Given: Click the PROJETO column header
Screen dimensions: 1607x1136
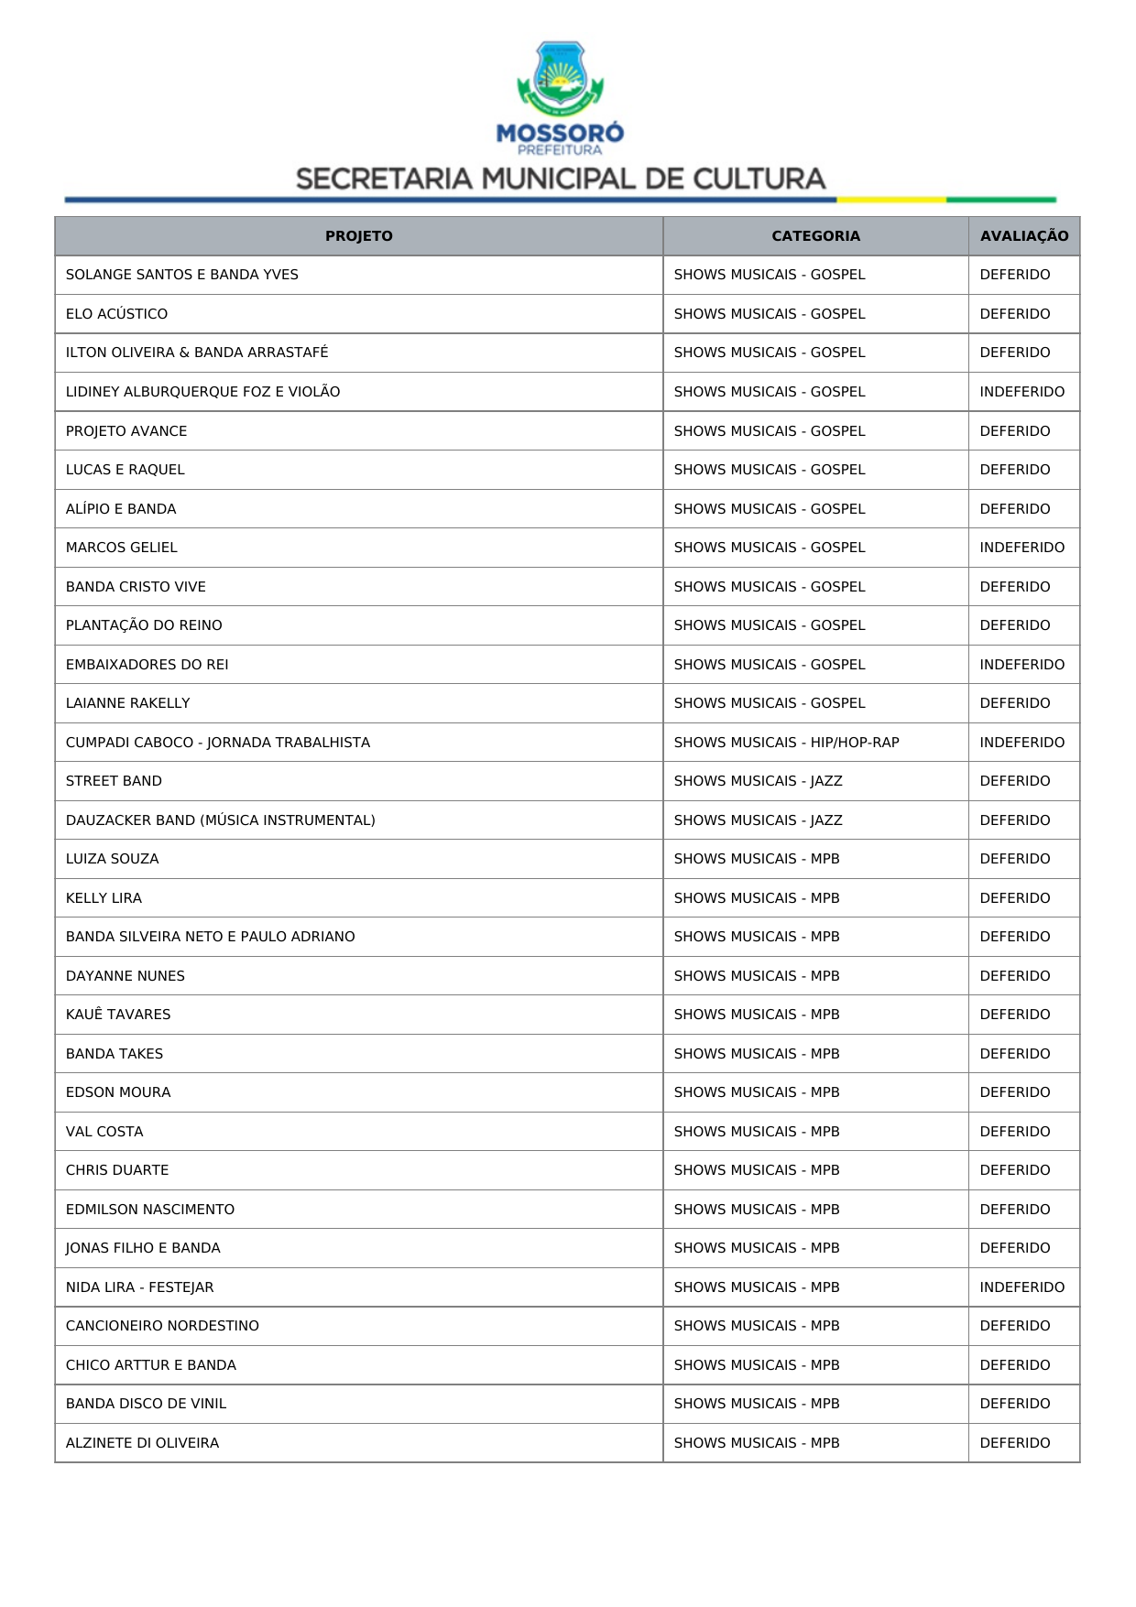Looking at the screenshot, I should click(x=358, y=236).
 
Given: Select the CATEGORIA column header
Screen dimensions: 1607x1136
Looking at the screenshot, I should click(x=815, y=236).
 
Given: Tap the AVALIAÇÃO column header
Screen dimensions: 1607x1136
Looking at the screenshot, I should click(x=1023, y=236).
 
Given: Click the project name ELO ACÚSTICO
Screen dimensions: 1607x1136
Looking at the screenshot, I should click(x=116, y=314).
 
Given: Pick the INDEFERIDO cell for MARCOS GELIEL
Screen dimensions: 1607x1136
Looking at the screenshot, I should click(x=1021, y=548).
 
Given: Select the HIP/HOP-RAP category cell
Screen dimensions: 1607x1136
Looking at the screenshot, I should click(x=786, y=743).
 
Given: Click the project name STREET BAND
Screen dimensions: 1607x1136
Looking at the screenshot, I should click(x=114, y=781).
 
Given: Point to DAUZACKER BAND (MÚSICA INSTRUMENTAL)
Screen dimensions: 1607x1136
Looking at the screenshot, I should click(x=220, y=820).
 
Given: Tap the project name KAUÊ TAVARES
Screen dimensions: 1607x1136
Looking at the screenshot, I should click(x=118, y=1015).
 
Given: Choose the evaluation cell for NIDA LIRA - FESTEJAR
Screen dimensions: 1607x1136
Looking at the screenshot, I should click(x=1021, y=1287).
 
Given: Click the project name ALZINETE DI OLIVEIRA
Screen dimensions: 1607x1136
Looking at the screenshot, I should click(x=142, y=1443).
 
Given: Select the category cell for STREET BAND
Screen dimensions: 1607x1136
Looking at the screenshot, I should click(x=758, y=781).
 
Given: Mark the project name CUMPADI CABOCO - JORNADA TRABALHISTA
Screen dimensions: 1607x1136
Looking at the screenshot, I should click(x=218, y=743).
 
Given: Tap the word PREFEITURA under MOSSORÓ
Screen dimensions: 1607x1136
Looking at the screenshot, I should click(x=560, y=150).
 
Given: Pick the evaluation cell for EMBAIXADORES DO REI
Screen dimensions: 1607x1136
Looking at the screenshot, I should click(x=1021, y=665).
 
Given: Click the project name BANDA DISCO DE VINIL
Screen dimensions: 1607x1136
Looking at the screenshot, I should click(x=146, y=1404).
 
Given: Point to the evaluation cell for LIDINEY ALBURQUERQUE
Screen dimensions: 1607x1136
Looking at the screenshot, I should click(x=1021, y=392).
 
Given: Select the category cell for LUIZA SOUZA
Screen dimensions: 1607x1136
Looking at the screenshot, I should click(x=757, y=859).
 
